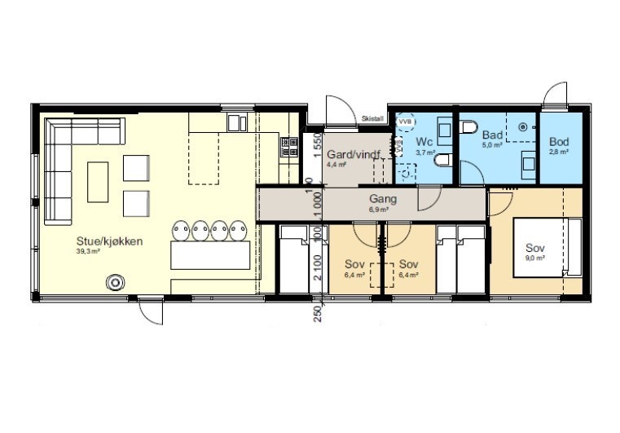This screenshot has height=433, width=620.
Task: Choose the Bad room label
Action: [x=492, y=135]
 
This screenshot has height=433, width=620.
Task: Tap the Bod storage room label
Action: [x=558, y=142]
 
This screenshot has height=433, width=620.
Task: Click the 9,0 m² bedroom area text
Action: [x=534, y=258]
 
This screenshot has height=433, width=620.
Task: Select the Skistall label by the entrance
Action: [x=372, y=119]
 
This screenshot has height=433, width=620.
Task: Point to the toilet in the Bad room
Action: [x=468, y=127]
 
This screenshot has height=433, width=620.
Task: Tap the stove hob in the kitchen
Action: [x=289, y=147]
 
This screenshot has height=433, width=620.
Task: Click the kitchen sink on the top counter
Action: [x=236, y=122]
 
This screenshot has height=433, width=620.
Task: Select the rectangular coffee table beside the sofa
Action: [x=97, y=181]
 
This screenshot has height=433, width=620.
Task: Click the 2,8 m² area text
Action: [x=558, y=152]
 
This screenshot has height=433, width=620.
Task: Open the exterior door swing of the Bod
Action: [x=556, y=96]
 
